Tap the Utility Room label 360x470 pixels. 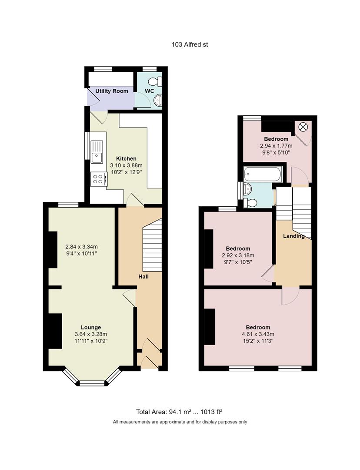coord(112,91)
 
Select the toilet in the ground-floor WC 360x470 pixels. coord(156,81)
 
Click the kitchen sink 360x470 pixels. coord(97,151)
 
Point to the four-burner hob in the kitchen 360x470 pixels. coord(98,178)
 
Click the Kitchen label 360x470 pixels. coord(126,158)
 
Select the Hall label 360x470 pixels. coord(144,277)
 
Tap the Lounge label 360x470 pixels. coord(91,327)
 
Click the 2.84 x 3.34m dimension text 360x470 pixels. coord(81,246)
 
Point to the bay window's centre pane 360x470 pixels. coord(92,383)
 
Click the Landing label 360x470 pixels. coord(293,236)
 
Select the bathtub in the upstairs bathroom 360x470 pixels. coord(263,175)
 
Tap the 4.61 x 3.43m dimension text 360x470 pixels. coord(258,334)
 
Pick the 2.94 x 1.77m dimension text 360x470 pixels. coord(276,146)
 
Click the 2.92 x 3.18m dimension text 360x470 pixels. coord(238,255)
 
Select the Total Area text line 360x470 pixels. coord(180,412)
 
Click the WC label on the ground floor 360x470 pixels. coord(150,91)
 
